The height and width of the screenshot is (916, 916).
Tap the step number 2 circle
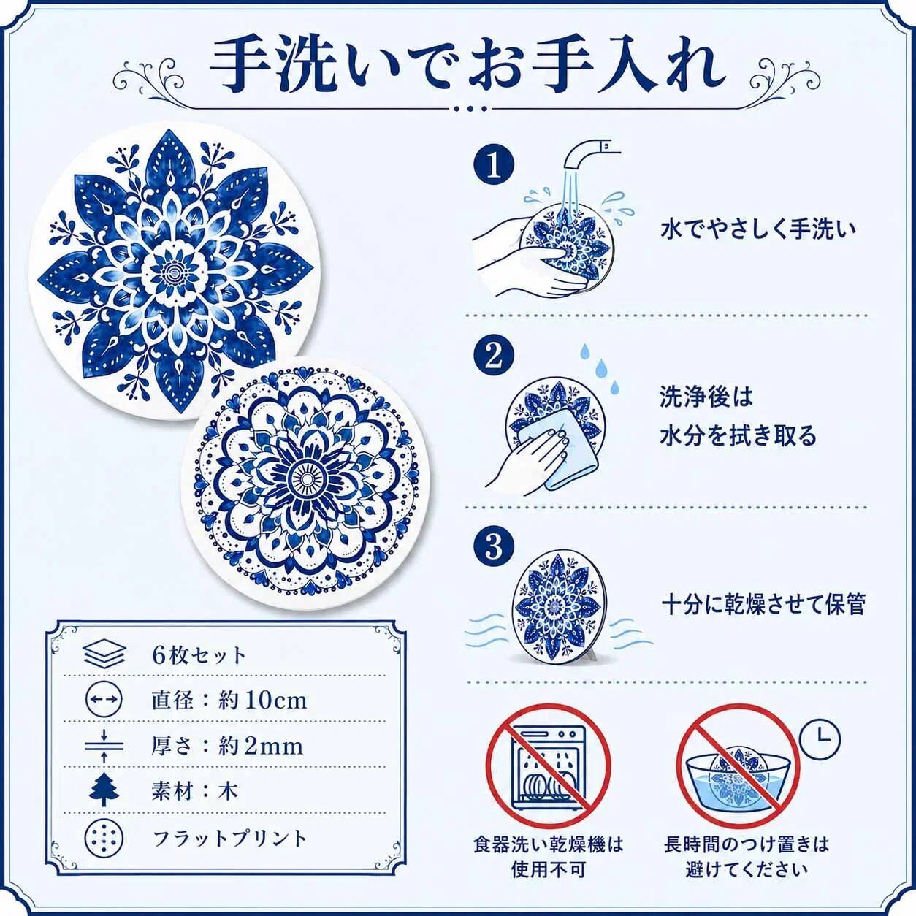click(x=494, y=356)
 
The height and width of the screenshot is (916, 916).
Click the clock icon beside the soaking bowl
click(x=820, y=739)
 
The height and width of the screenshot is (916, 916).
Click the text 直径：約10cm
click(x=229, y=701)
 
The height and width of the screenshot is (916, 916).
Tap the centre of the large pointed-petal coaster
click(x=172, y=270)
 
